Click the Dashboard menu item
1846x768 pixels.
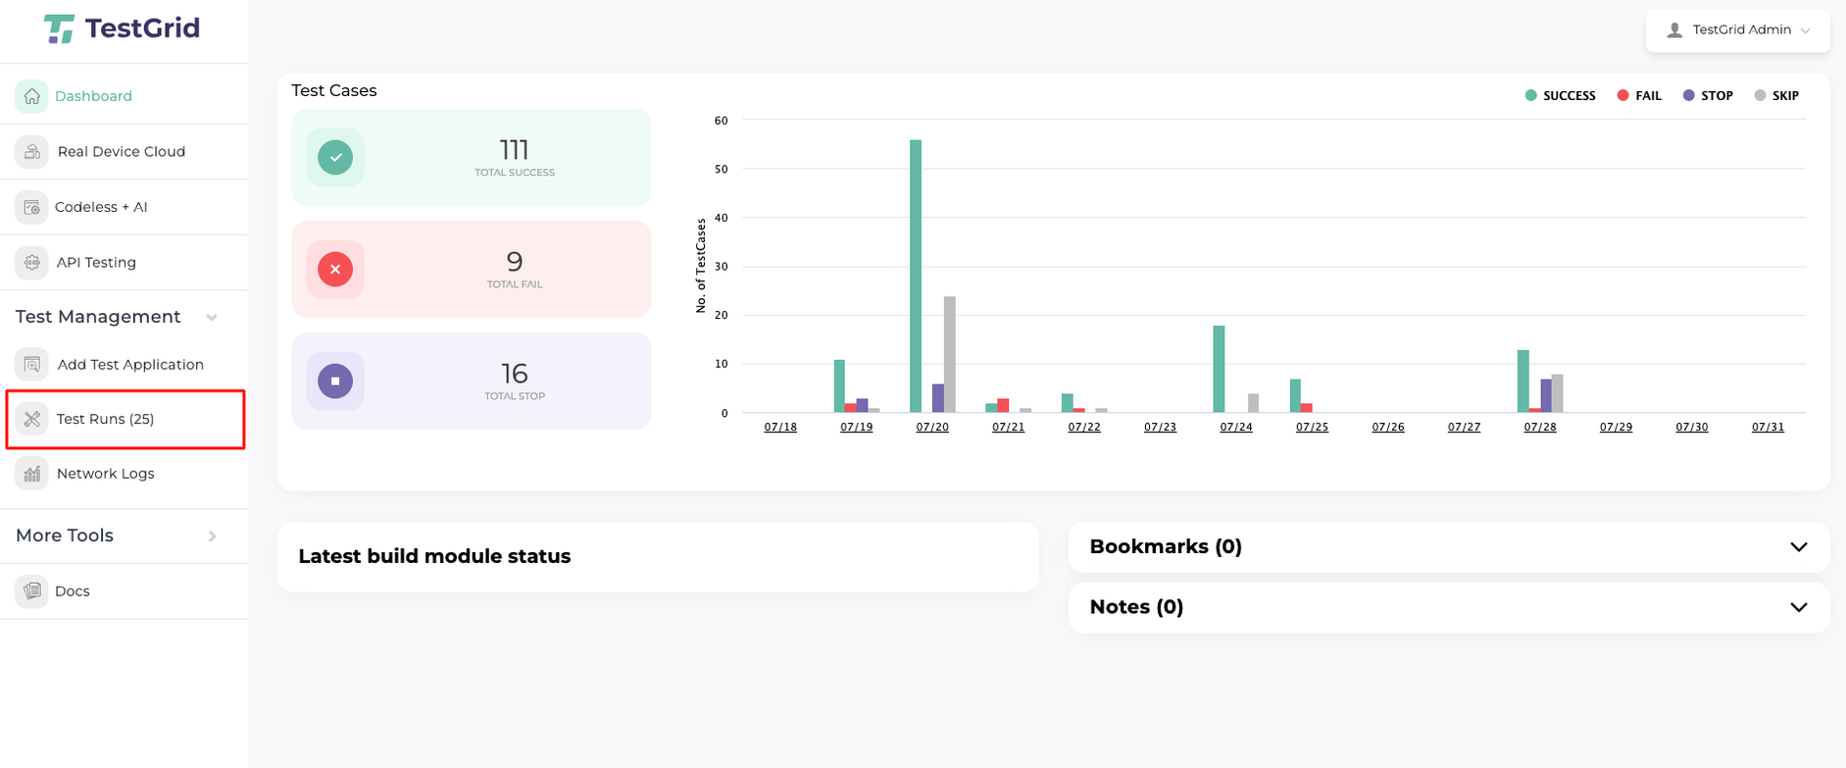click(x=92, y=96)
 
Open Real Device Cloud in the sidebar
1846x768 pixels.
click(x=121, y=151)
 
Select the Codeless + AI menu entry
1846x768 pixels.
click(x=101, y=207)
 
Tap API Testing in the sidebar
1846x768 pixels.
click(x=96, y=262)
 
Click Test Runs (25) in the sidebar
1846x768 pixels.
click(x=105, y=419)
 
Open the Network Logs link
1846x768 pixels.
click(x=105, y=474)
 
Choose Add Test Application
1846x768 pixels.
click(x=129, y=364)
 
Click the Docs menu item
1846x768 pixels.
click(x=72, y=590)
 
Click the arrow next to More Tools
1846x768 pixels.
click(x=213, y=536)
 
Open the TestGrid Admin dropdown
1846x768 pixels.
click(x=1738, y=30)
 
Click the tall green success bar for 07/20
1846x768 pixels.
click(x=916, y=276)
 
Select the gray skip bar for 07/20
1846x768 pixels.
click(x=950, y=354)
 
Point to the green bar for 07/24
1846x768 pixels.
click(x=1219, y=369)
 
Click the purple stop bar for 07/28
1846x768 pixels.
click(x=1546, y=395)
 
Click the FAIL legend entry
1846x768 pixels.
click(x=1639, y=96)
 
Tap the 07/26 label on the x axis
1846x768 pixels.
click(x=1387, y=427)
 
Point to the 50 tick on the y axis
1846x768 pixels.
click(x=722, y=169)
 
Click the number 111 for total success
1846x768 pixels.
click(x=514, y=150)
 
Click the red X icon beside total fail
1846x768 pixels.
click(x=335, y=269)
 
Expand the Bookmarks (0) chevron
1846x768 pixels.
click(x=1798, y=547)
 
